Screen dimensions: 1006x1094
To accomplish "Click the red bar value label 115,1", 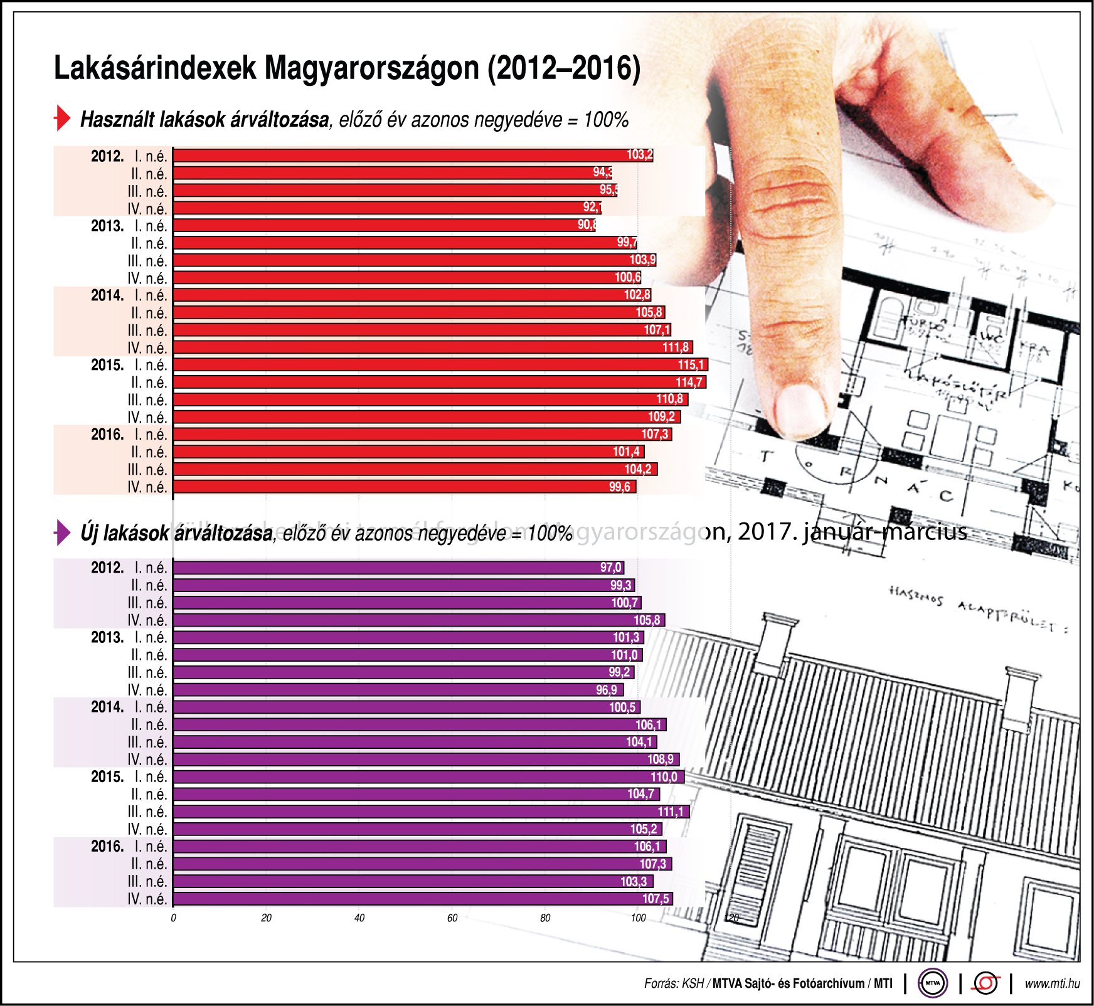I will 691,365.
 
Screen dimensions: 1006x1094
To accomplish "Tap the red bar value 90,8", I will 587,225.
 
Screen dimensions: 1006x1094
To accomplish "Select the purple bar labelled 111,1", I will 431,812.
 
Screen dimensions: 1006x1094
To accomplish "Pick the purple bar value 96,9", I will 607,690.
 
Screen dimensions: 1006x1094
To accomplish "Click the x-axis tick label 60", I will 452,918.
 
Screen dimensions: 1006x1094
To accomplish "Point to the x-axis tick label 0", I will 174,918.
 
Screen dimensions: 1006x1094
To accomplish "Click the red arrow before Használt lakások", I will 62,118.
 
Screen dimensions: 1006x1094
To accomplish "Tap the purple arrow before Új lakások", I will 62,532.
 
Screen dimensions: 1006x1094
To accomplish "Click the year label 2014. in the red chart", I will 107,295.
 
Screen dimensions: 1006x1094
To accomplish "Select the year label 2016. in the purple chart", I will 107,847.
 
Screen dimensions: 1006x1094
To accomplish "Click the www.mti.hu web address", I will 1052,983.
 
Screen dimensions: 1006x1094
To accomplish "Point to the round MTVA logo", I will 933,983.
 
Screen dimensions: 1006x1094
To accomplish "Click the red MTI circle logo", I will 985,983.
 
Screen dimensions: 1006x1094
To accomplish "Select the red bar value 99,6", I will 620,487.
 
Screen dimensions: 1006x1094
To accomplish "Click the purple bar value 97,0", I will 610,568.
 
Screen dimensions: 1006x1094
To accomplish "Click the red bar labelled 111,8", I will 433,347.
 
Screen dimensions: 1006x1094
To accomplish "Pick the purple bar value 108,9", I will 661,760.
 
